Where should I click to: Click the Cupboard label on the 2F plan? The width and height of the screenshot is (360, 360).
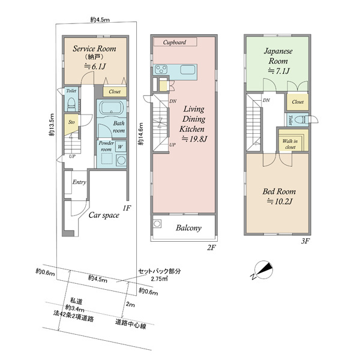[175, 42]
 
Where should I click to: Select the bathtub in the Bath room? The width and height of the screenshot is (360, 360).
[112, 107]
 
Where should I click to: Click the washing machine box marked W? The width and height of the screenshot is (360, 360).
[121, 146]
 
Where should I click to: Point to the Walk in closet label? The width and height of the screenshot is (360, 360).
[290, 144]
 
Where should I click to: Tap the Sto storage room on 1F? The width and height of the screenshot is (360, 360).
[71, 125]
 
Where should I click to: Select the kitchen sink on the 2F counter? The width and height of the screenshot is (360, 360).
[188, 70]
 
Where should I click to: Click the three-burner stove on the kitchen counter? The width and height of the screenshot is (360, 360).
[161, 70]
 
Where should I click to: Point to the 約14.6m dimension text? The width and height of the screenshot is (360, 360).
[140, 134]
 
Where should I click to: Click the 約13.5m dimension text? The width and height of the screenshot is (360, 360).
[52, 125]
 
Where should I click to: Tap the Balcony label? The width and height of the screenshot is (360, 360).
[189, 228]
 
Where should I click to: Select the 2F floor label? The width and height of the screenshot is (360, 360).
[211, 247]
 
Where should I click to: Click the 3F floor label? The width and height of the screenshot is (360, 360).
[305, 241]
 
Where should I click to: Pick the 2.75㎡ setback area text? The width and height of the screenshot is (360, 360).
[159, 279]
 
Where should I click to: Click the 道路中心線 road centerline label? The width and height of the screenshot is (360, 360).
[130, 324]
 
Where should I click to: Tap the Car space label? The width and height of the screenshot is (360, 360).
[104, 215]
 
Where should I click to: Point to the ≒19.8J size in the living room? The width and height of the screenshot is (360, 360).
[194, 139]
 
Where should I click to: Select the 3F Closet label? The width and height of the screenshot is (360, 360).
[298, 102]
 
